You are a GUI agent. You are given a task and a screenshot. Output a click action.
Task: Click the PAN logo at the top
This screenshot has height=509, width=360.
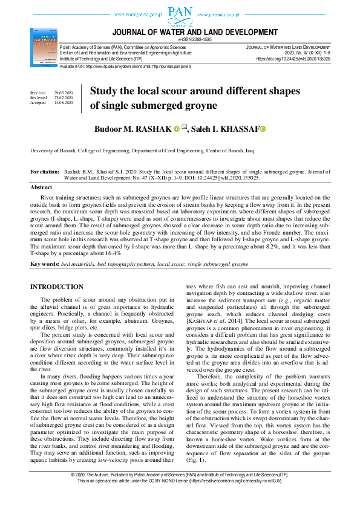tap(180, 13)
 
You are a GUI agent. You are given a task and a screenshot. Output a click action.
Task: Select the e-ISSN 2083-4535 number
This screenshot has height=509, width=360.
tap(191, 39)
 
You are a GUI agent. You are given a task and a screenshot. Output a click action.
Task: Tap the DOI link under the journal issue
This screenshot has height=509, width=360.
tap(293, 59)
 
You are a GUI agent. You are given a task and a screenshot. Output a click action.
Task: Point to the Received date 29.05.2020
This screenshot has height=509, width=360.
tap(63, 93)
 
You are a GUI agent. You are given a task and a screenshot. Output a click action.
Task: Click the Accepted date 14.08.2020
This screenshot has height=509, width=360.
tap(63, 103)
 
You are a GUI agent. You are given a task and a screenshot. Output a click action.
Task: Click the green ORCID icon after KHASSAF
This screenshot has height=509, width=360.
tap(264, 129)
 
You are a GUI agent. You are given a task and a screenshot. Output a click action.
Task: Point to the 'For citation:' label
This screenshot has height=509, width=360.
tap(44, 172)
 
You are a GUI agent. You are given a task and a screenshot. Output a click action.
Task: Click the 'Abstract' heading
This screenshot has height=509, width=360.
tap(41, 187)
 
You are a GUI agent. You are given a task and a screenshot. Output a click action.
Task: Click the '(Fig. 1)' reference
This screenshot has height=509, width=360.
tap(197, 444)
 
